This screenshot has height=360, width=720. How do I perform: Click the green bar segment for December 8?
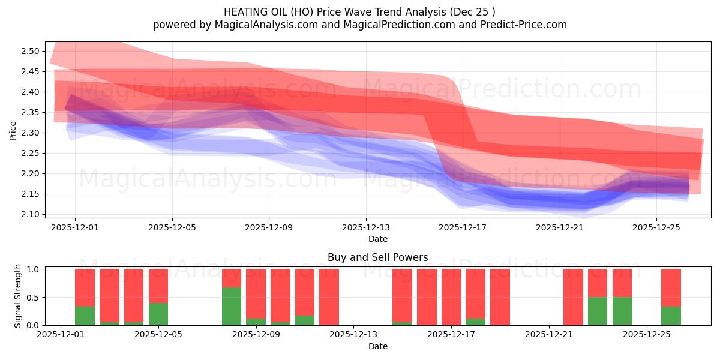[232, 306]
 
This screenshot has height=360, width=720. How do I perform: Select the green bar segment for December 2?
[85, 316]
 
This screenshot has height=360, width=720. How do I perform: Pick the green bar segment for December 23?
[598, 311]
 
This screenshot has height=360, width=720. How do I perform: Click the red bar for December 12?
[329, 297]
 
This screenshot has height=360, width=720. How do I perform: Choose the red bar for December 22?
[573, 297]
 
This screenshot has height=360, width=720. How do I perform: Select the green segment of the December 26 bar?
[671, 316]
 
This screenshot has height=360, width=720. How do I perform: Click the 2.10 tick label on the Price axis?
[30, 214]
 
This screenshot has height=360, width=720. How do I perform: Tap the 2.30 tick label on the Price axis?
[30, 133]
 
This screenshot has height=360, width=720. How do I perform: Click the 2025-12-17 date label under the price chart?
[463, 227]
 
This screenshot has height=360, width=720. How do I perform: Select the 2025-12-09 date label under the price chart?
[269, 227]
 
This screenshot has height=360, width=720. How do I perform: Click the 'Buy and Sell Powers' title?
[377, 257]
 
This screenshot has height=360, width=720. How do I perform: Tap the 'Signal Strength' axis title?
[18, 296]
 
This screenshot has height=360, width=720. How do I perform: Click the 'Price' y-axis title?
[13, 131]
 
